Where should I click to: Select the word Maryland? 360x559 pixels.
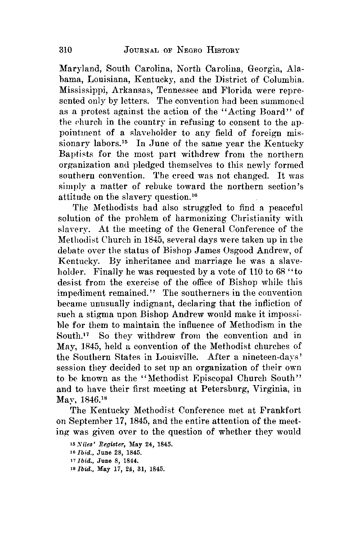click(x=76, y=68)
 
